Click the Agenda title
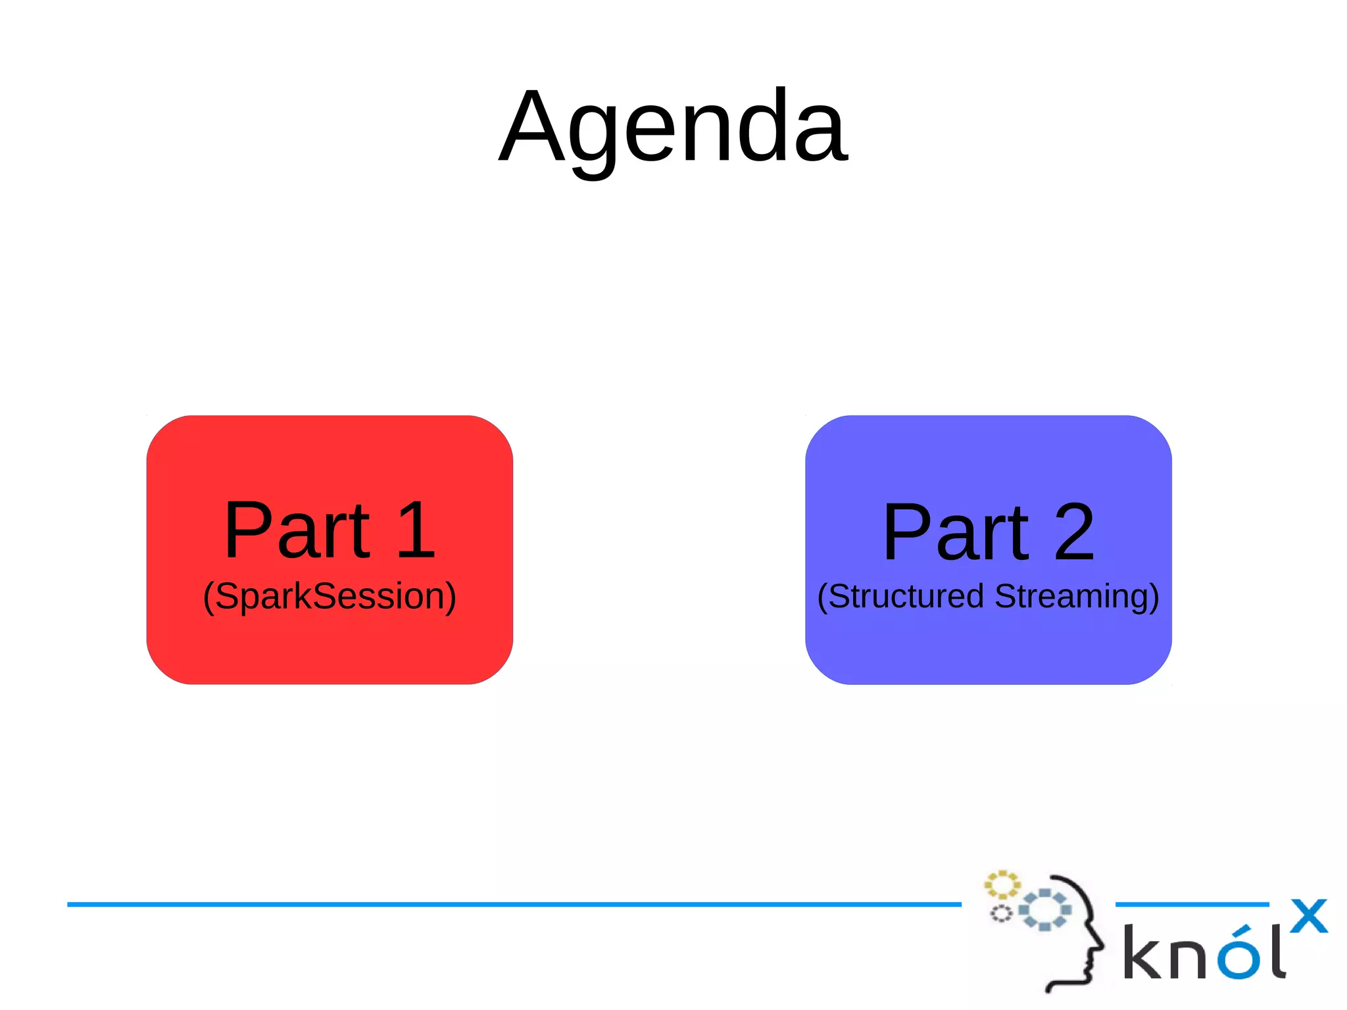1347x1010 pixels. (673, 126)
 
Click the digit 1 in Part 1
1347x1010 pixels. (416, 530)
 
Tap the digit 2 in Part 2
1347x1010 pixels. (1074, 533)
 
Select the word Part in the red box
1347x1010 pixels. (297, 530)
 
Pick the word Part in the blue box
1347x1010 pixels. (956, 533)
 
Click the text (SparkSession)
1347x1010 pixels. (330, 596)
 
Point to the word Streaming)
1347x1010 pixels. (1077, 596)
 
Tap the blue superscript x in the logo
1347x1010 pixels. (1308, 916)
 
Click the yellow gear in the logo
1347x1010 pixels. (1002, 885)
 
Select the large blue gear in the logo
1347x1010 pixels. (1044, 910)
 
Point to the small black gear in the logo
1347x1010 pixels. (1001, 914)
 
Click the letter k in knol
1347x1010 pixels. (1142, 952)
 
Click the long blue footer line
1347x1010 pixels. (513, 905)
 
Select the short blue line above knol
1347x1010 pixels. (1192, 905)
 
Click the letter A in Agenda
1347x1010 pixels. (531, 126)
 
